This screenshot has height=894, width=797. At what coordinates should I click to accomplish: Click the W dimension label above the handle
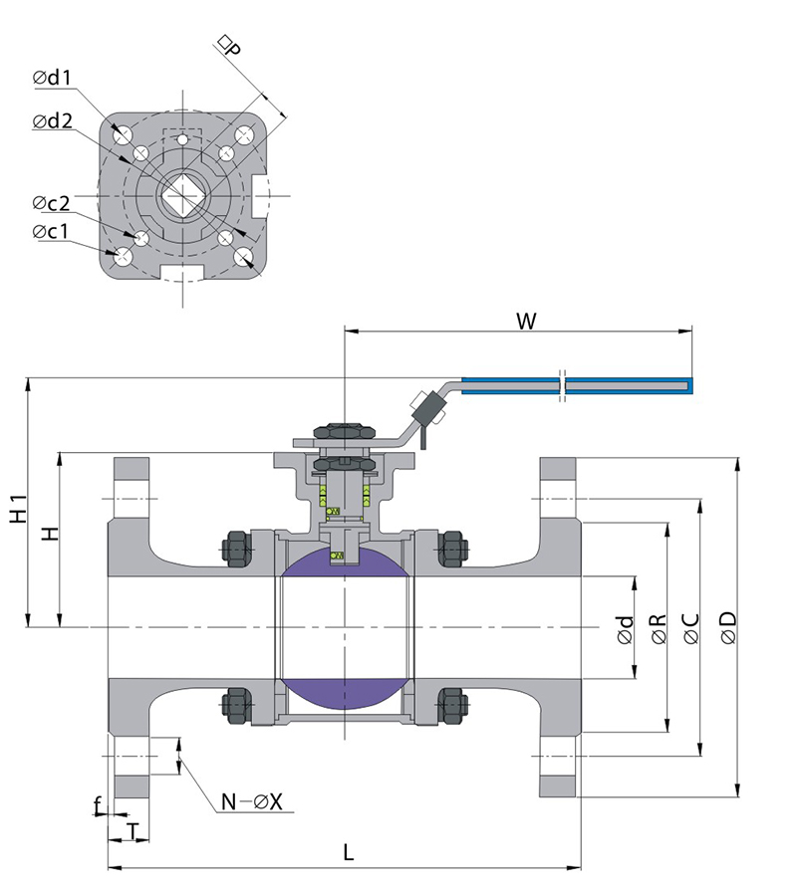coord(527,322)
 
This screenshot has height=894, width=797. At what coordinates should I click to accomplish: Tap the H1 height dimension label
coord(17,508)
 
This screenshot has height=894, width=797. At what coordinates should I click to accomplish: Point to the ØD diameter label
coord(727,626)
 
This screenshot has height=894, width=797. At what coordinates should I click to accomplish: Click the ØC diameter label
coord(691,627)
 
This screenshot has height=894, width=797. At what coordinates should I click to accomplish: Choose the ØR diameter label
coord(658,627)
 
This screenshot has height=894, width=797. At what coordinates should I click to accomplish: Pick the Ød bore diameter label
coord(625,628)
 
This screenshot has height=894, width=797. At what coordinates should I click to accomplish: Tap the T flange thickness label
coord(131,828)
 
